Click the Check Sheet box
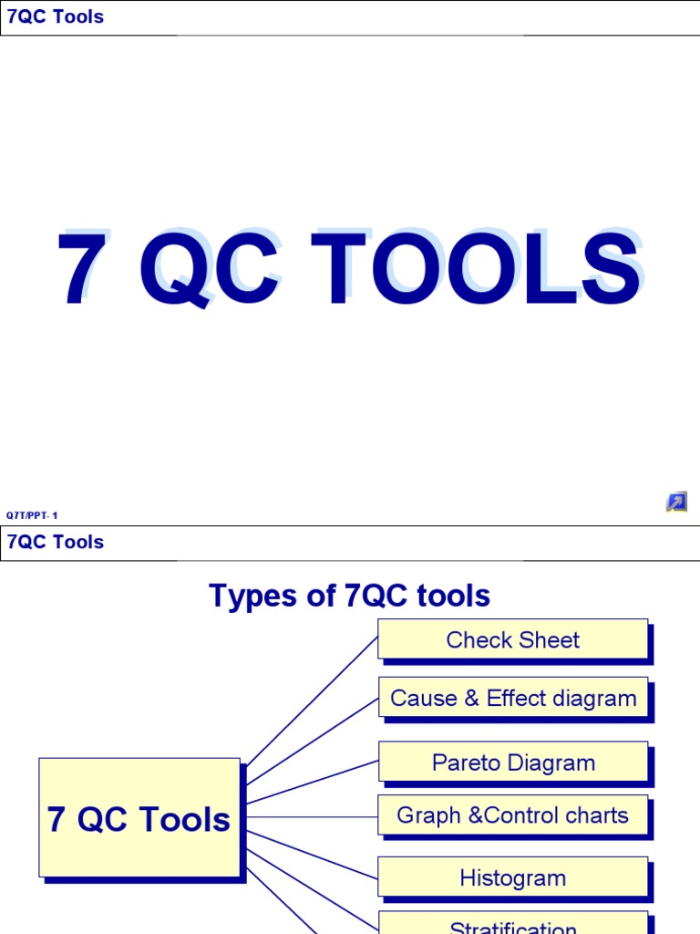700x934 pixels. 512,640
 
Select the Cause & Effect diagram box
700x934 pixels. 513,699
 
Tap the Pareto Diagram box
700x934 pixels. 513,763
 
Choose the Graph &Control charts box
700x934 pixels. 512,815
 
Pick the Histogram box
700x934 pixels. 512,878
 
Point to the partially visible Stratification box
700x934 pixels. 512,925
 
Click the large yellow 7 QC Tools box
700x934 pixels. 139,818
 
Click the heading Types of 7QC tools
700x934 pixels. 349,596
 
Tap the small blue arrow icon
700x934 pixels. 675,502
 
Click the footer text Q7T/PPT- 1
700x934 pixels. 32,515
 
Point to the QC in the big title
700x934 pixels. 209,271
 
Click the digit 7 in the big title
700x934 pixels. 79,271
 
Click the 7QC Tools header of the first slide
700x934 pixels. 56,16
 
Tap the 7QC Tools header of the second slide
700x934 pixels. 56,542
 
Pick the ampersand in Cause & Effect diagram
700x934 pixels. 470,699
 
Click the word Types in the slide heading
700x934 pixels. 251,597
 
